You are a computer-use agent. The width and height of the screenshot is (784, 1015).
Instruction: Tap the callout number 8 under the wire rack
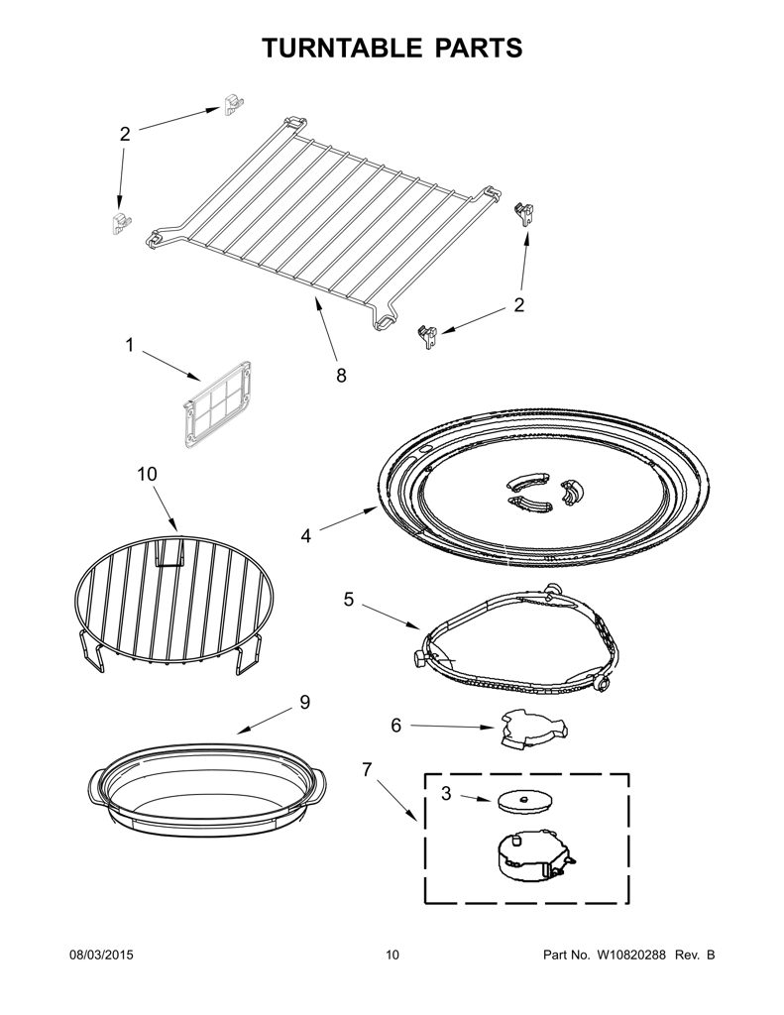pyautogui.click(x=341, y=376)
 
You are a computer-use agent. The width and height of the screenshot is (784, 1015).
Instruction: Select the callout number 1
pyautogui.click(x=130, y=346)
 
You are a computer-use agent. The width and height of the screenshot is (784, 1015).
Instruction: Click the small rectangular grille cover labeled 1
pyautogui.click(x=217, y=405)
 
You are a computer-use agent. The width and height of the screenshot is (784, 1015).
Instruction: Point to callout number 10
pyautogui.click(x=147, y=475)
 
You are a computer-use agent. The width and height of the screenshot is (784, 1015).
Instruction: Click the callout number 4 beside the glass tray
pyautogui.click(x=305, y=536)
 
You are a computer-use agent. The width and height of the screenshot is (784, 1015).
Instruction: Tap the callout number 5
pyautogui.click(x=348, y=600)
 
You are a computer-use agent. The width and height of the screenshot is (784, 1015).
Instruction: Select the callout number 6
pyautogui.click(x=395, y=726)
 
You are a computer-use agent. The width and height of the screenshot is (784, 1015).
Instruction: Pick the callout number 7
pyautogui.click(x=367, y=769)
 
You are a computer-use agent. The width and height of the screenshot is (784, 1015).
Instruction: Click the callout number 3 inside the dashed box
pyautogui.click(x=446, y=793)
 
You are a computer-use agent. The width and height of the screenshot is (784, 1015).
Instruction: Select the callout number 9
pyautogui.click(x=305, y=703)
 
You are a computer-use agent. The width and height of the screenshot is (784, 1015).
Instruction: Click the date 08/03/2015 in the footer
pyautogui.click(x=101, y=955)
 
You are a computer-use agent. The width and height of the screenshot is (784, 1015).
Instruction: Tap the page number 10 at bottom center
pyautogui.click(x=392, y=955)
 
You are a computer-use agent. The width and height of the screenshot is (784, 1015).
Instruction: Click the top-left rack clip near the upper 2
pyautogui.click(x=233, y=105)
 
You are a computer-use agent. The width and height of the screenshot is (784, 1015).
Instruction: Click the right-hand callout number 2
pyautogui.click(x=519, y=304)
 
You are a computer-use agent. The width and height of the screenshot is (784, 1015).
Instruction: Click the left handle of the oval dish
pyautogui.click(x=96, y=786)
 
